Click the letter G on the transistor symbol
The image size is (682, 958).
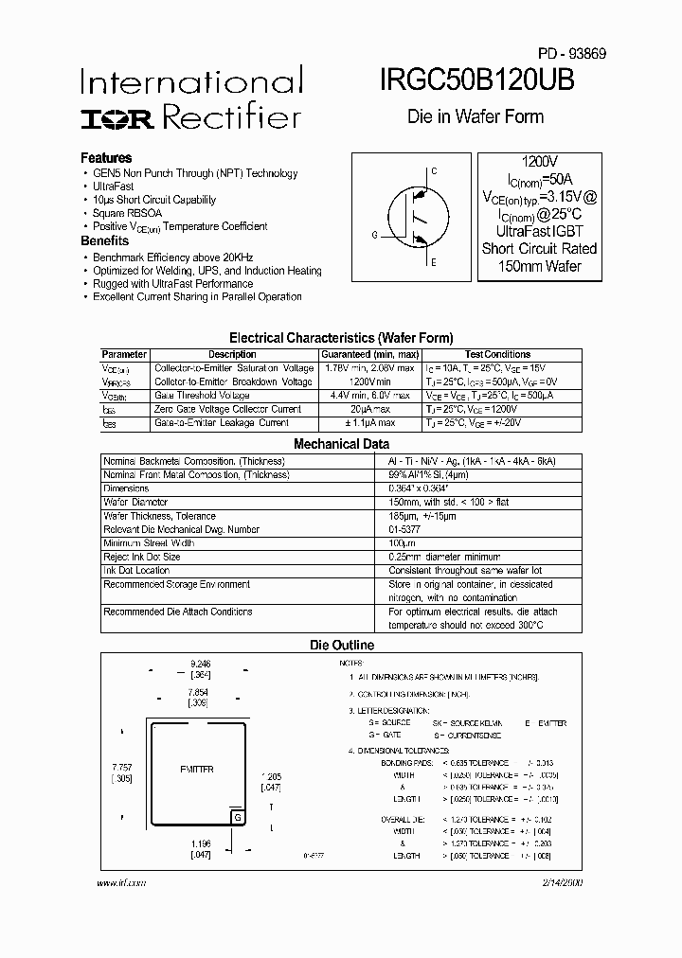pos(374,234)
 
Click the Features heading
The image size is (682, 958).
pos(106,158)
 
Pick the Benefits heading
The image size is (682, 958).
pos(104,241)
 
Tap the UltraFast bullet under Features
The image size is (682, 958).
pos(114,186)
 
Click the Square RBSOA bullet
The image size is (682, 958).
pos(127,213)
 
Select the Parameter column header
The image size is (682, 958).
pos(124,355)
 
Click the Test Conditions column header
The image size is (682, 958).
pos(498,355)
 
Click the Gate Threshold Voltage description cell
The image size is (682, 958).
pos(202,396)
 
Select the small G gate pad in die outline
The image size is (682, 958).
pos(238,817)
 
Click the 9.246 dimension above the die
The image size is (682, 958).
pos(200,665)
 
